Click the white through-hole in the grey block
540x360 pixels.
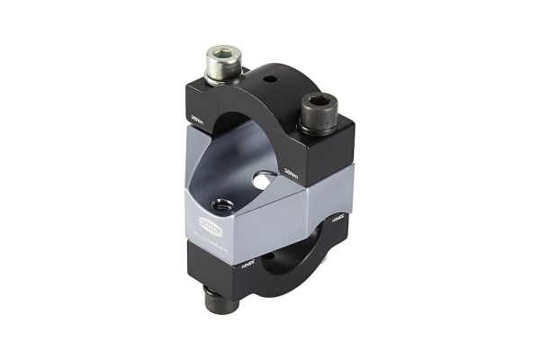(261, 181)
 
